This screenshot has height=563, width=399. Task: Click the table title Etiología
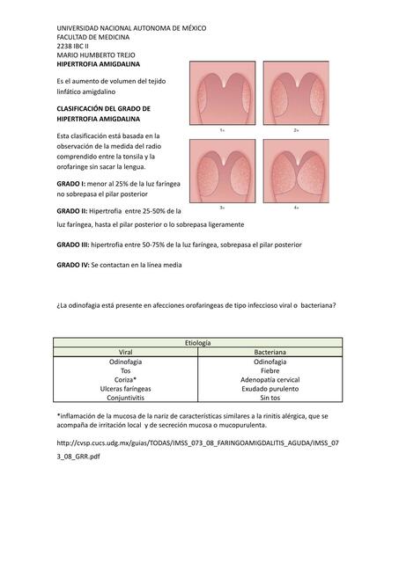[x=198, y=342]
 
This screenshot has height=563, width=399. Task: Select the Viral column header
[x=126, y=352]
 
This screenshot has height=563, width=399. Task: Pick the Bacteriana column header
[x=271, y=352]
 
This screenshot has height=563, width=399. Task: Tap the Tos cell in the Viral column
[x=126, y=370]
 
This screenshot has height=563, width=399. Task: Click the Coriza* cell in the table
[x=126, y=379]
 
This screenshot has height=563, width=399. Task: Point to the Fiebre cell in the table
[x=271, y=370]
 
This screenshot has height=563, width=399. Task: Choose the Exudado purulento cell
[x=271, y=388]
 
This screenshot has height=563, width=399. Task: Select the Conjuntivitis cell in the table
[x=126, y=397]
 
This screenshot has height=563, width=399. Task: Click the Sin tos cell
[x=271, y=397]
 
